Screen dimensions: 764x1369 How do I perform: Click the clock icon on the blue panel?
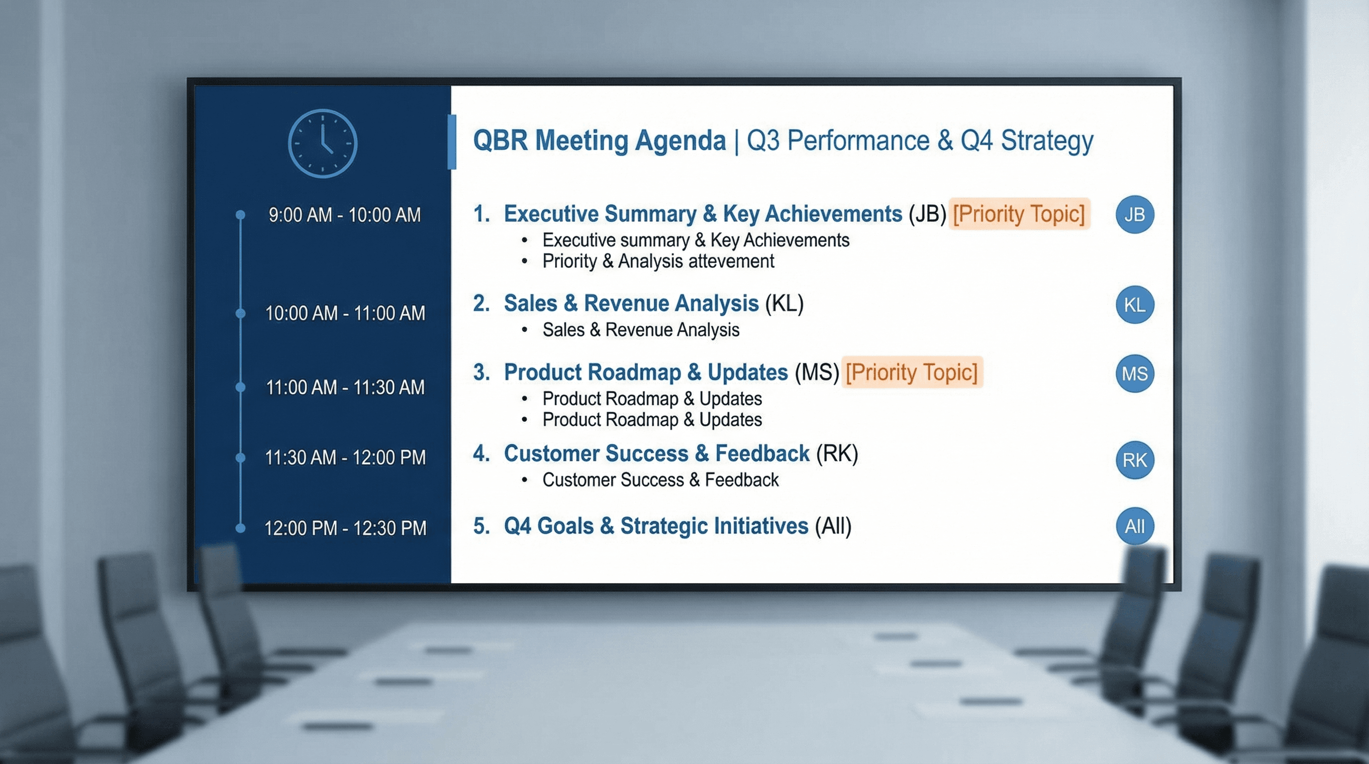point(322,143)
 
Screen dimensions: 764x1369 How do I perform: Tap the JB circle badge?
point(1134,215)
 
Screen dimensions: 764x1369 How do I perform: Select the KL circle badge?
point(1134,305)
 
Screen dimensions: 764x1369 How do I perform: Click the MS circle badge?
point(1134,374)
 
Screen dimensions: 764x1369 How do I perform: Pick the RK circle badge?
point(1134,460)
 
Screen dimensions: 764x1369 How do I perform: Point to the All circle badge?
point(1134,526)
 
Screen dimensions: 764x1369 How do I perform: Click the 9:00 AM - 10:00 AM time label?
point(344,215)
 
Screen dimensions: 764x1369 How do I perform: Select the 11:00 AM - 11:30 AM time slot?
point(345,387)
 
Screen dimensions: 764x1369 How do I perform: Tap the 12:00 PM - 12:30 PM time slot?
point(345,528)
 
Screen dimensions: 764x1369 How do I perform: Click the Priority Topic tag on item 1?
point(1019,213)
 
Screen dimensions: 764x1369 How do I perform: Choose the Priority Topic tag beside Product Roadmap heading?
point(911,372)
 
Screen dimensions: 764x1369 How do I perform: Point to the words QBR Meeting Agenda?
point(599,141)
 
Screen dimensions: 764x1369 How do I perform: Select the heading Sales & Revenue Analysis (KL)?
point(653,303)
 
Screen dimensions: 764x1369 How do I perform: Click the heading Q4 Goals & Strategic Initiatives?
point(656,526)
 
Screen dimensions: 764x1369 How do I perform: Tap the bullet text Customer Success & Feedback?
point(660,480)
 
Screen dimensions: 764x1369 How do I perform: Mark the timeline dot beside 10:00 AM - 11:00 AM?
point(240,313)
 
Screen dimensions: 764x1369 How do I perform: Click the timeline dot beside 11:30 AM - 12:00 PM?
point(240,458)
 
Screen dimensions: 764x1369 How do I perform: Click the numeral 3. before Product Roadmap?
point(482,373)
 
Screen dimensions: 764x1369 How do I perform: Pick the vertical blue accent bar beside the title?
point(452,142)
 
